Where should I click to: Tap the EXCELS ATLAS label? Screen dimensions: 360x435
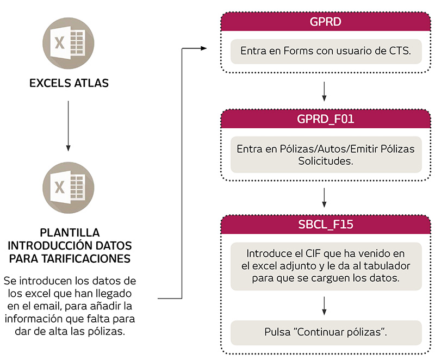click(69, 83)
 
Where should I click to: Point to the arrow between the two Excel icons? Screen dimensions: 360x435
click(68, 125)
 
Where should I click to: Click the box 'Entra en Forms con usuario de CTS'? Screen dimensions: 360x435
click(325, 51)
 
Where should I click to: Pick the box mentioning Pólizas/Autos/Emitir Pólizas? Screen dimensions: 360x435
click(325, 155)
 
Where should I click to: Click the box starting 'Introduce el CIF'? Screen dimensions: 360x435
click(325, 266)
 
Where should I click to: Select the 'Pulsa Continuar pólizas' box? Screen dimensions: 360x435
click(325, 332)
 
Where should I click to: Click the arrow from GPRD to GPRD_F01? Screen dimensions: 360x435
click(325, 92)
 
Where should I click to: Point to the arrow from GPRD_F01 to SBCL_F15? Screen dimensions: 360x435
click(325, 197)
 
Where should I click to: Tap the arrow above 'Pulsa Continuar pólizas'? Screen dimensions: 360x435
click(325, 306)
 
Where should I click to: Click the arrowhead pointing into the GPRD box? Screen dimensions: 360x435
click(204, 48)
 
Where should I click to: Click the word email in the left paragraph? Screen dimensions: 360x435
click(54, 306)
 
